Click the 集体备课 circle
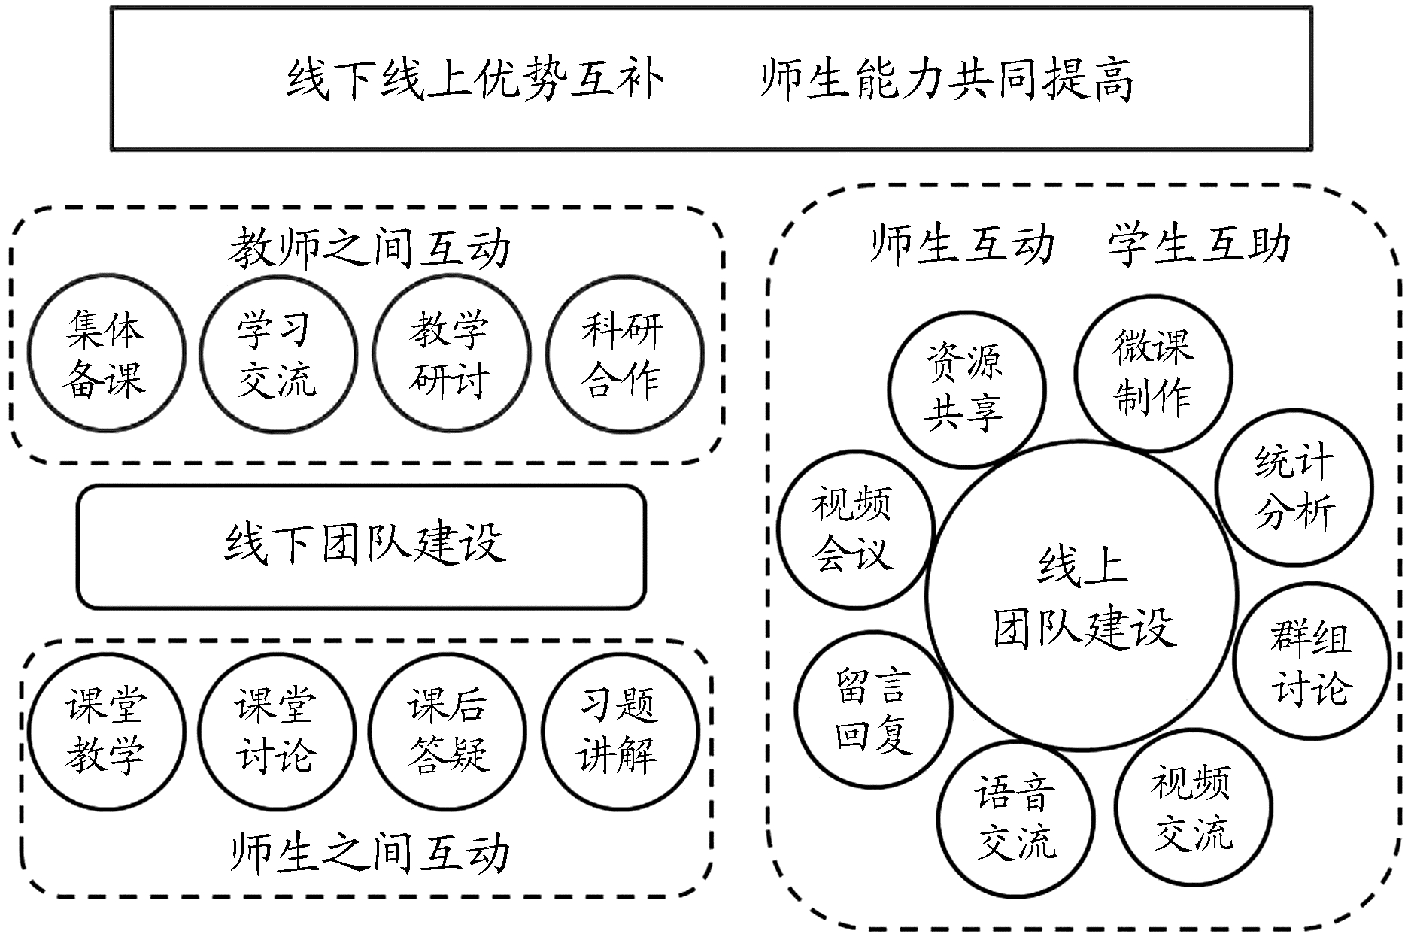pyautogui.click(x=105, y=353)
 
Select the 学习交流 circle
pyautogui.click(x=277, y=353)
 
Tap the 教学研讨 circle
pyautogui.click(x=450, y=353)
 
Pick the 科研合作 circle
pyautogui.click(x=623, y=353)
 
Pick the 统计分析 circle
pyautogui.click(x=1294, y=487)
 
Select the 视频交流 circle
pyautogui.click(x=1193, y=807)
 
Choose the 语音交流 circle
pyautogui.click(x=1015, y=817)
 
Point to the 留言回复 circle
pyautogui.click(x=873, y=709)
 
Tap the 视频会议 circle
pyautogui.click(x=854, y=529)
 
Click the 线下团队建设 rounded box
pyautogui.click(x=362, y=546)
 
